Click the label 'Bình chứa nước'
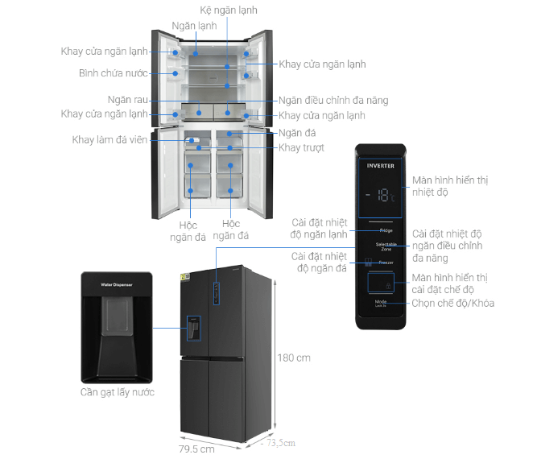pos(114,72)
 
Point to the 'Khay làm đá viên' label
pos(109,140)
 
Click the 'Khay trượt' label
pos(303,147)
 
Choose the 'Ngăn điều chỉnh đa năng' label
pos(334,101)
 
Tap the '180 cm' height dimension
pos(294,358)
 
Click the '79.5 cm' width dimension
pos(197,449)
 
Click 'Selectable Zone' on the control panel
pos(386,246)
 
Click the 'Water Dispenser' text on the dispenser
pos(117,285)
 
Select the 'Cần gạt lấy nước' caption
pos(117,392)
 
